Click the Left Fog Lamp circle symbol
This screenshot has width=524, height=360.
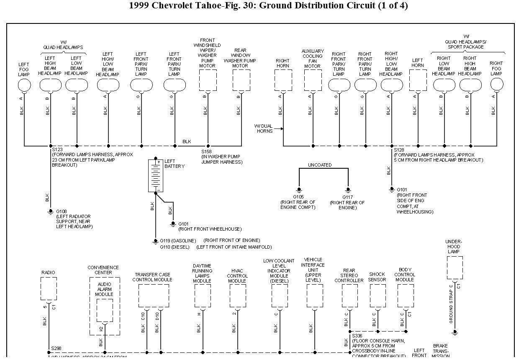(x=24, y=85)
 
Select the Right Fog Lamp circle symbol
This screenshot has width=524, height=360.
(x=497, y=85)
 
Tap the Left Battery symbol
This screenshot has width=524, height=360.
(x=156, y=176)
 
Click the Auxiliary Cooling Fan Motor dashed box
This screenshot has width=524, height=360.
(x=313, y=80)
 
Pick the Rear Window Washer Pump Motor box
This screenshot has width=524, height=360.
(x=241, y=80)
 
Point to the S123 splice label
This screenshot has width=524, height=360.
(x=57, y=149)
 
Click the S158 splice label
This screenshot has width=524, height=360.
(x=206, y=152)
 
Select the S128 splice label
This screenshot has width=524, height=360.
(x=399, y=150)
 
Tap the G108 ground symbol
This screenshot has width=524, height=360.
(x=50, y=211)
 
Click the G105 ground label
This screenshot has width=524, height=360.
(x=298, y=197)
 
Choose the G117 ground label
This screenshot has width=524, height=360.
(x=348, y=197)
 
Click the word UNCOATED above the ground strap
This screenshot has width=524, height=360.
(x=320, y=165)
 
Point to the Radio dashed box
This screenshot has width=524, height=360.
(x=49, y=289)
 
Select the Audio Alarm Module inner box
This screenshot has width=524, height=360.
(x=105, y=310)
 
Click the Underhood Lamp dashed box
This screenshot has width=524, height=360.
(x=455, y=267)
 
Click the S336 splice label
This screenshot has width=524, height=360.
(x=357, y=336)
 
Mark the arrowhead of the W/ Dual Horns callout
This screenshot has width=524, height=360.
(x=282, y=129)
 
